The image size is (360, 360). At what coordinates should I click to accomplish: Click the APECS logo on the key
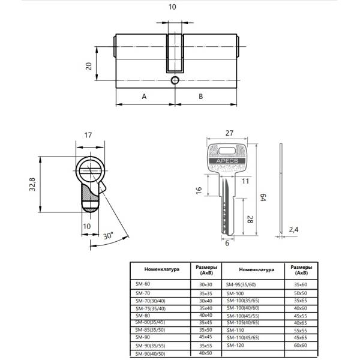click(x=227, y=161)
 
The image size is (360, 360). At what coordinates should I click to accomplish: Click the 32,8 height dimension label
click(x=32, y=184)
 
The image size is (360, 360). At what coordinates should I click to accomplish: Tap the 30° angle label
click(x=108, y=236)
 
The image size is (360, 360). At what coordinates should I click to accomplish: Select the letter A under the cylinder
click(x=144, y=97)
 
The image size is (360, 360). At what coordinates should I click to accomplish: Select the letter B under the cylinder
click(x=200, y=97)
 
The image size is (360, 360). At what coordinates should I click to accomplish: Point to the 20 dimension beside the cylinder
click(x=89, y=67)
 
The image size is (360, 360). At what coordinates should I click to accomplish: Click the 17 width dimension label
click(x=88, y=135)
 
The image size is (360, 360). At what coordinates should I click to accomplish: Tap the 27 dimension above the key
click(x=229, y=133)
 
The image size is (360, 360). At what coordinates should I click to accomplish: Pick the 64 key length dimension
click(x=263, y=197)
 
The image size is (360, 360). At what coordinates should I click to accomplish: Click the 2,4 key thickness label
click(x=293, y=230)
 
